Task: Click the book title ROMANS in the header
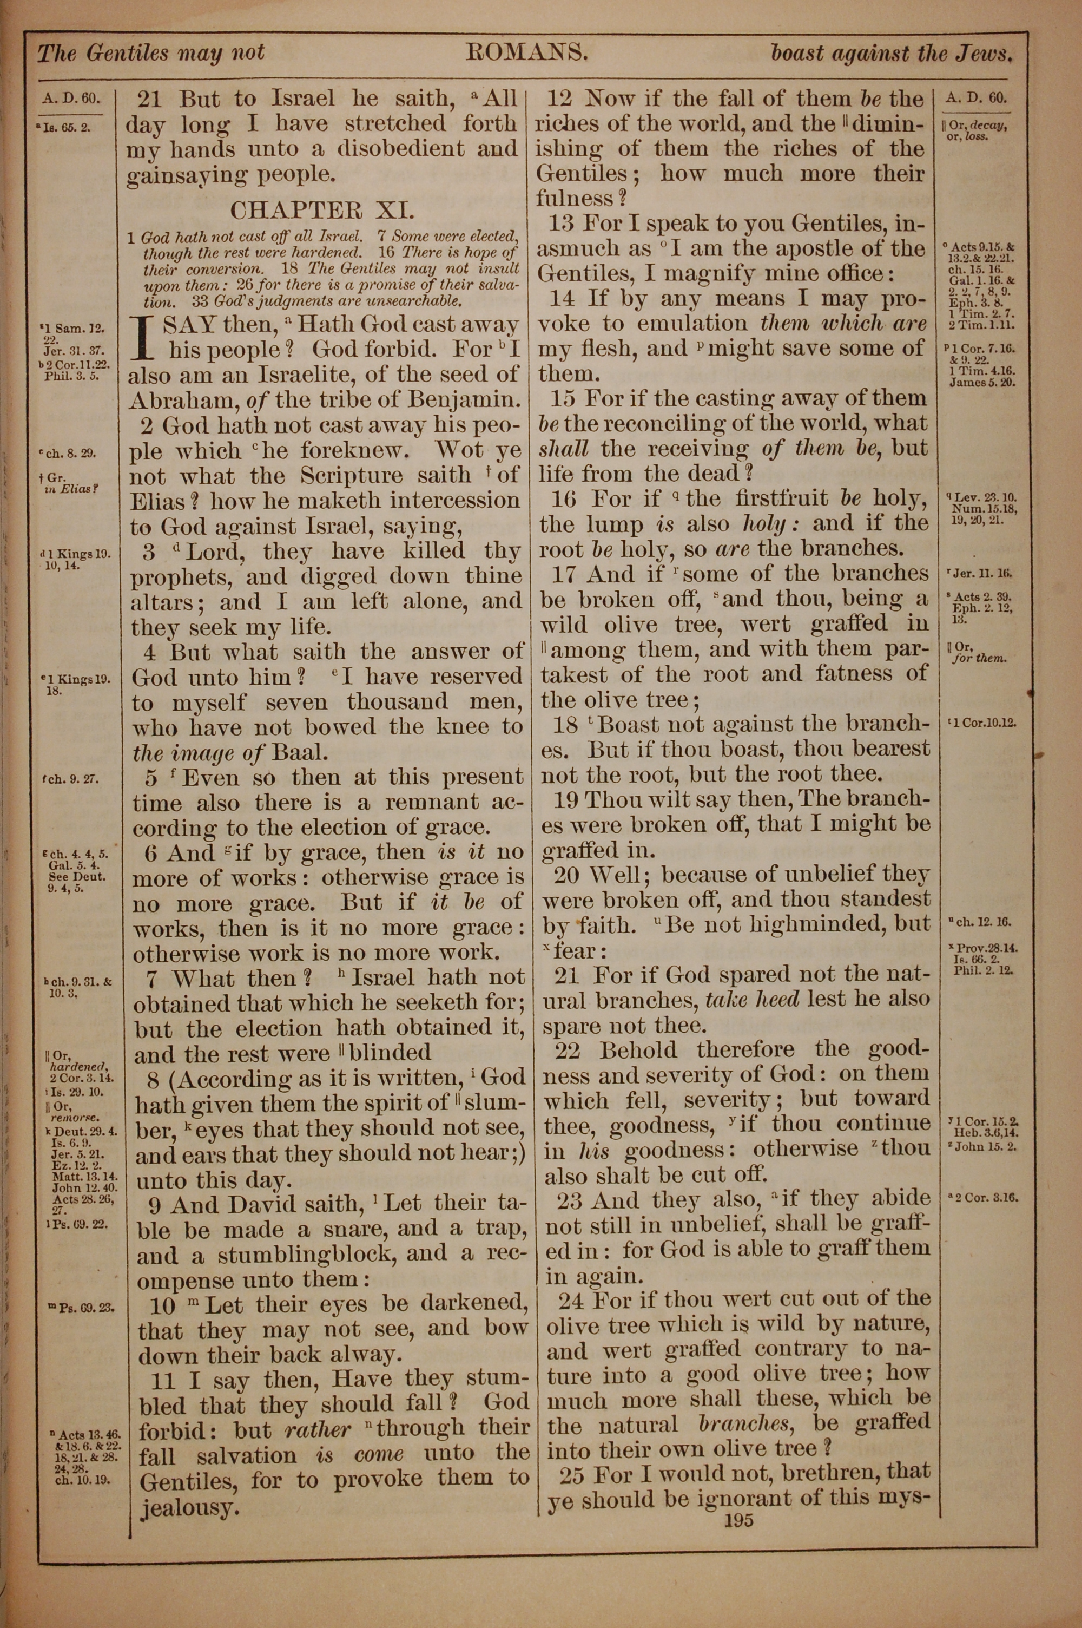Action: click(x=526, y=52)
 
